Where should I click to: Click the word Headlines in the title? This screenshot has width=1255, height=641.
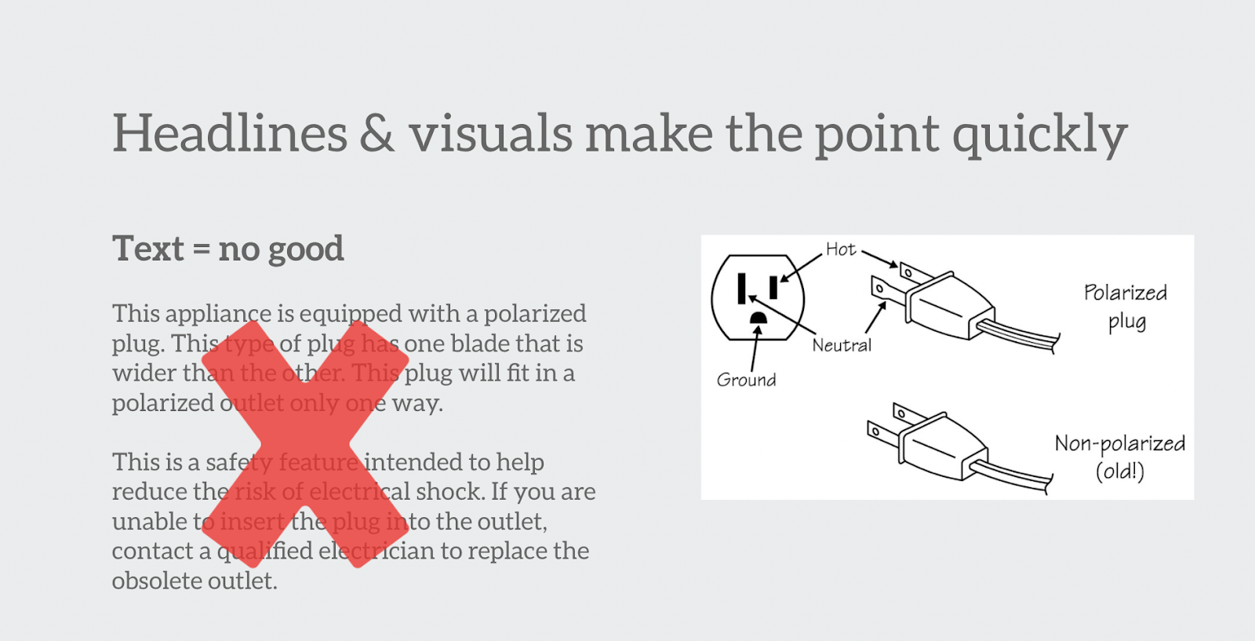pos(231,133)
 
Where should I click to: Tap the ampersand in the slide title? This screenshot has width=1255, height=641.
pos(377,133)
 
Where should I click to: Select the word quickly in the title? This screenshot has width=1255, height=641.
pos(1040,136)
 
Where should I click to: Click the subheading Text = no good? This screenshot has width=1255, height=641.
pos(228,248)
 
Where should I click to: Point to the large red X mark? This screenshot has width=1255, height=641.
pos(305,444)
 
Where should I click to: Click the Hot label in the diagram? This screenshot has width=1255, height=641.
pos(841,249)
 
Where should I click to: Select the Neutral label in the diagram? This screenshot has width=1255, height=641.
pos(842,345)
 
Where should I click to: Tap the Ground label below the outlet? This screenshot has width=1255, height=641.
pos(746,380)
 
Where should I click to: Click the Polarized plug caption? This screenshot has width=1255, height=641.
pos(1125,307)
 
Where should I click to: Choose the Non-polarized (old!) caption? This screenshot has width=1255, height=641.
pos(1120,457)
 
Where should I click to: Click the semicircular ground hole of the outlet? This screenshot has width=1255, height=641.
pos(758,319)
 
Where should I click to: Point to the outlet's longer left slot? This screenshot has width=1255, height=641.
pos(742,289)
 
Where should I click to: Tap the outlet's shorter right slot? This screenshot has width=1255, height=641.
pos(773,287)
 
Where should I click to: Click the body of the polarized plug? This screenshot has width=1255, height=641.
pos(950,307)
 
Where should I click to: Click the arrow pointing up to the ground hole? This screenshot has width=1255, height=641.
pos(755,348)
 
